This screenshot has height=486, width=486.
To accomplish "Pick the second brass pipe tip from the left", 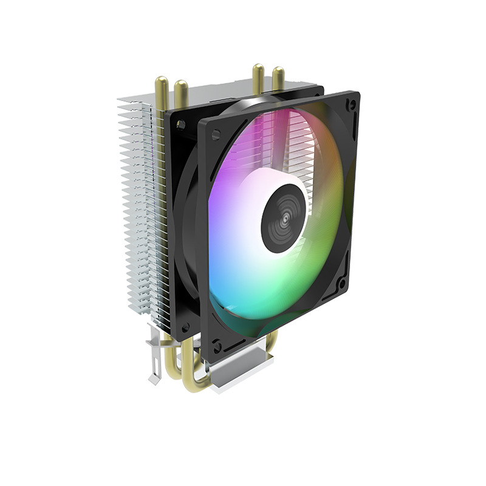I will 180,87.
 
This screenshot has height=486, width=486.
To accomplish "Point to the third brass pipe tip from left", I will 258,69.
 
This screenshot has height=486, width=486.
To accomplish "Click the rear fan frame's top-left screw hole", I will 180,125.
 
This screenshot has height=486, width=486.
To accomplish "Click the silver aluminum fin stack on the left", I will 137,213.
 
